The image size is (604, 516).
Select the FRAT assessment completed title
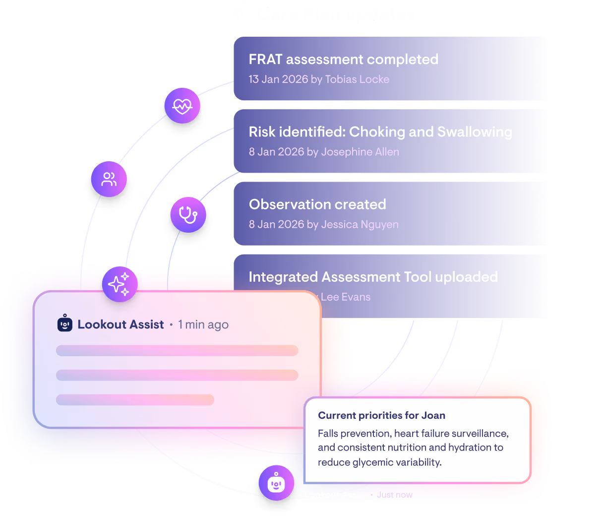click(343, 60)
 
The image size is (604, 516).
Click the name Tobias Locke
click(357, 79)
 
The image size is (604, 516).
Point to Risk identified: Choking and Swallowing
click(380, 132)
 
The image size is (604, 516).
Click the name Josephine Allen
click(360, 152)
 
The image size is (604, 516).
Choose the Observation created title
click(317, 204)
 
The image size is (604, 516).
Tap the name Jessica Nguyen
click(360, 224)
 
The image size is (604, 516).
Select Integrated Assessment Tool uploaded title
click(373, 277)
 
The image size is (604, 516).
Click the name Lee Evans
click(346, 297)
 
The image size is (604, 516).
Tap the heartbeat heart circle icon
click(182, 106)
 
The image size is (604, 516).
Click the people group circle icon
click(109, 179)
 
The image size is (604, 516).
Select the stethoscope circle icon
click(188, 215)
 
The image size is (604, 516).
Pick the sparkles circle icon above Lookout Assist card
click(120, 284)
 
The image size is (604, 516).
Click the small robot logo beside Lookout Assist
click(65, 324)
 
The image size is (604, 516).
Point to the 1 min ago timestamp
click(203, 324)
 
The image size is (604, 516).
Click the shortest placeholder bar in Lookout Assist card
click(135, 399)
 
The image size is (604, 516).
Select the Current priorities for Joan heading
click(381, 415)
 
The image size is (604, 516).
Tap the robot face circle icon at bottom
click(276, 483)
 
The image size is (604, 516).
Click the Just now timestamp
click(395, 495)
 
